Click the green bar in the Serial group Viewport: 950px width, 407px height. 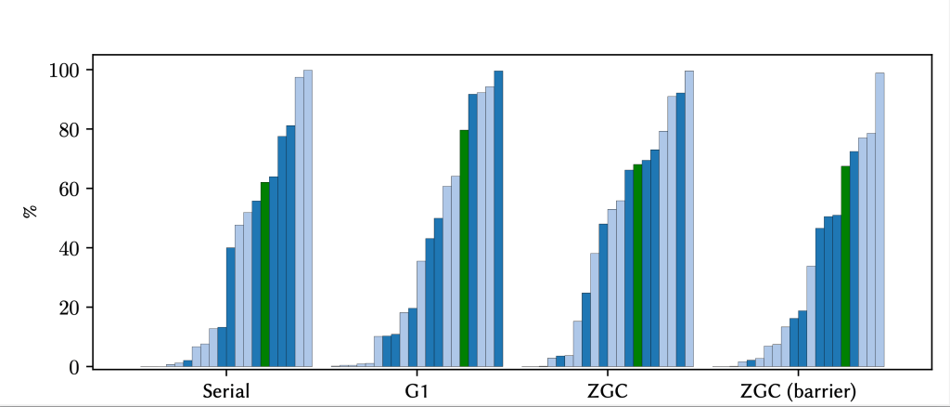click(x=265, y=274)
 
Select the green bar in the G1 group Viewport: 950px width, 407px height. click(x=464, y=248)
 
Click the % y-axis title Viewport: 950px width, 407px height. click(x=30, y=211)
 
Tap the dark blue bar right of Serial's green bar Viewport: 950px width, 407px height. click(x=274, y=271)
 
